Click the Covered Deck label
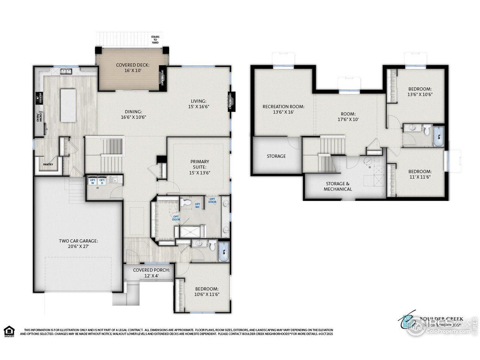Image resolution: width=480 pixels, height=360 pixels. [132, 67]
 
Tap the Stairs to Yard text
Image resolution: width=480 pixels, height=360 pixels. [155, 40]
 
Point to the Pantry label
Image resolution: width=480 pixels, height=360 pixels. [48, 164]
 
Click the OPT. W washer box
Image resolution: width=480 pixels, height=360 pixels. [92, 181]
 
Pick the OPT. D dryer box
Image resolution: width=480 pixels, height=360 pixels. [102, 181]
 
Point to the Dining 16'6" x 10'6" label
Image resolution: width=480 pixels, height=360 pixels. [133, 114]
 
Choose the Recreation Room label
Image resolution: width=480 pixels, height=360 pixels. [283, 109]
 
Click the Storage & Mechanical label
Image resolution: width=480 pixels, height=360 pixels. [337, 186]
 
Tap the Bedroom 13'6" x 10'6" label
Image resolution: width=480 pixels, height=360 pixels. [420, 91]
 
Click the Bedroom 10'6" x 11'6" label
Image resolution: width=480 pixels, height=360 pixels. [207, 291]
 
